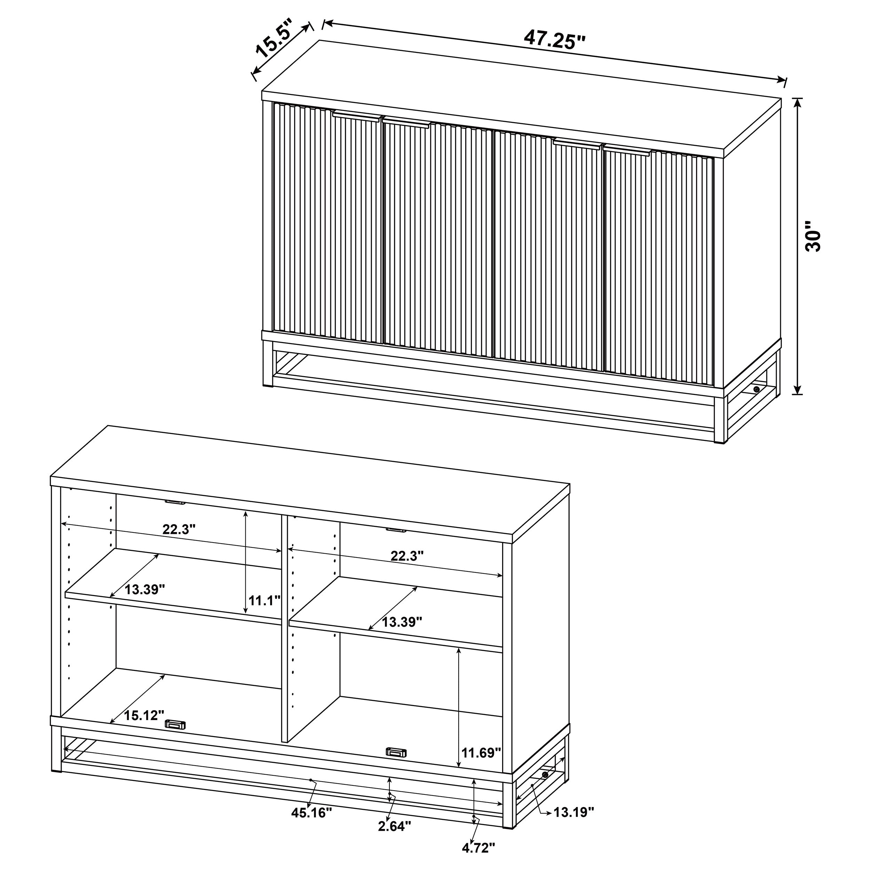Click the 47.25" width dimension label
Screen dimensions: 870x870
[x=554, y=40]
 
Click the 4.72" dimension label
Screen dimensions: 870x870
[x=478, y=848]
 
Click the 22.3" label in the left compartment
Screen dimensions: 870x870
[x=179, y=529]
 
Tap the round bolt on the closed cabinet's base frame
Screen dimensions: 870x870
[x=756, y=389]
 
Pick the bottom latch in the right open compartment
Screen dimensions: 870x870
[x=396, y=752]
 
